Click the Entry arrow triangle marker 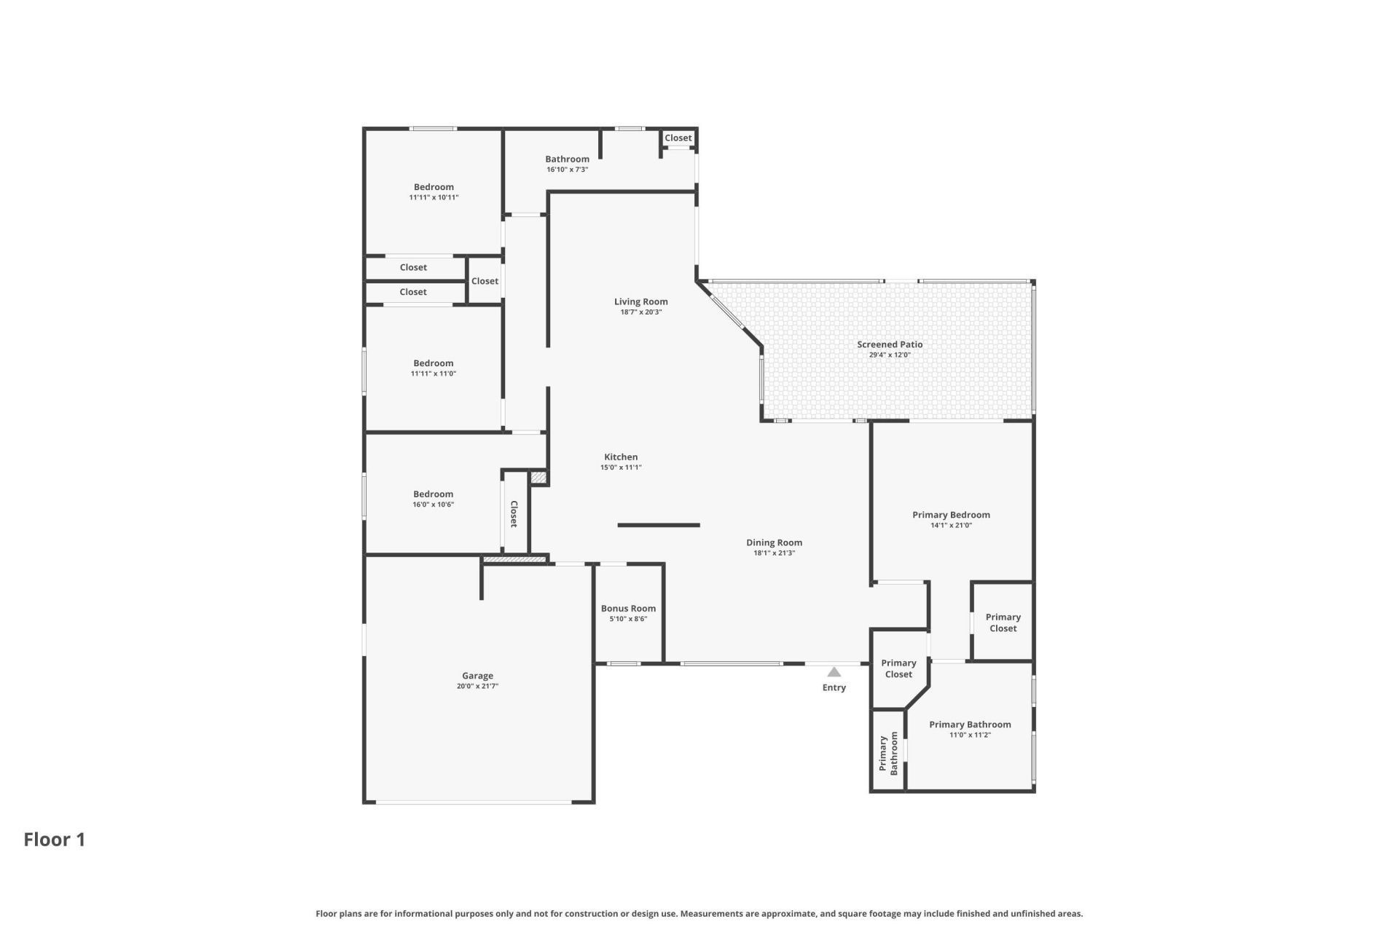tap(834, 672)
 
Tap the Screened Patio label tap(889, 344)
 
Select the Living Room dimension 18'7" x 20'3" tap(640, 312)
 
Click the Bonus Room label tap(628, 609)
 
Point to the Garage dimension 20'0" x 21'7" tap(477, 686)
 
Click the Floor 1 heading tap(55, 840)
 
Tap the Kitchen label tap(620, 457)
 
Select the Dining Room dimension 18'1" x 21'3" tap(774, 553)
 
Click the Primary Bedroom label tap(951, 515)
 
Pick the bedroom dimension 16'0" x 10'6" tap(433, 505)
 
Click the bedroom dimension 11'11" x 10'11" tap(434, 197)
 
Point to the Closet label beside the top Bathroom tap(678, 138)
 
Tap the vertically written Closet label tap(514, 514)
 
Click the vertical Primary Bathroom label tap(888, 754)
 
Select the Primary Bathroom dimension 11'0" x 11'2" tap(969, 735)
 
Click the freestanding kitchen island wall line tap(659, 525)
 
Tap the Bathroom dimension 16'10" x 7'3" tap(567, 170)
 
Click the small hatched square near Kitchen tap(538, 478)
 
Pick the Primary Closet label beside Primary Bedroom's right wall tap(1003, 623)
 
